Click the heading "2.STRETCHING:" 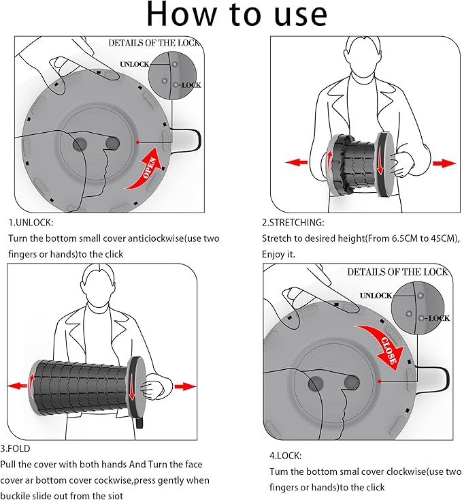tap(293, 222)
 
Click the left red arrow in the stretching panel tap(296, 162)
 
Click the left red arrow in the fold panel tap(18, 386)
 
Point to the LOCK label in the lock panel tap(438, 317)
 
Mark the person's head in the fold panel tap(101, 282)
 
